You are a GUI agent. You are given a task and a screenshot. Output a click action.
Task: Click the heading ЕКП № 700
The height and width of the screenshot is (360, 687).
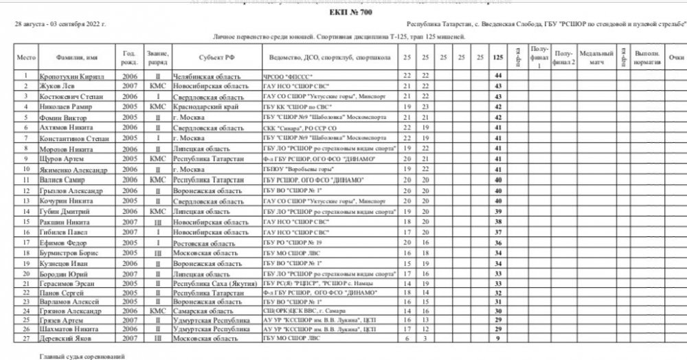pyautogui.click(x=343, y=12)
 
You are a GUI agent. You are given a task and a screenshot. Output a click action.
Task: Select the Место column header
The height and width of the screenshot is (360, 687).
pyautogui.click(x=25, y=58)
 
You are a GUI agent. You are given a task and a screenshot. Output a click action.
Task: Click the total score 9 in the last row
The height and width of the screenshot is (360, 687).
pyautogui.click(x=496, y=337)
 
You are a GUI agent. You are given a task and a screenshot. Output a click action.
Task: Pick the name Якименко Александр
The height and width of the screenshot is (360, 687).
pyautogui.click(x=71, y=169)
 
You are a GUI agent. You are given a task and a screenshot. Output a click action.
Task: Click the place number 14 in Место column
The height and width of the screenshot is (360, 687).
pyautogui.click(x=25, y=212)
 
